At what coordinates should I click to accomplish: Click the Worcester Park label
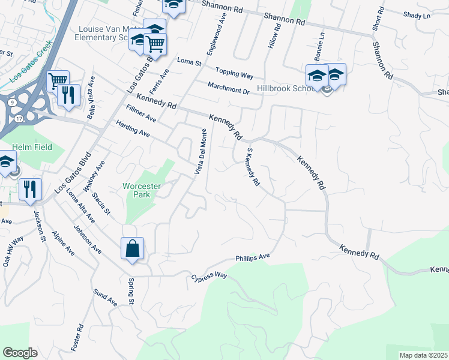coord(142,190)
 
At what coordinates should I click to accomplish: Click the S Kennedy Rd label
coord(252,168)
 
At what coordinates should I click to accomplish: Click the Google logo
coord(20,353)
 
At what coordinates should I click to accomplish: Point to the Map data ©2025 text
coord(423,355)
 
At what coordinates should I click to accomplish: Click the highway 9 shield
coord(11,102)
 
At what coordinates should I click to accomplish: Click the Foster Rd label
coord(78,338)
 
